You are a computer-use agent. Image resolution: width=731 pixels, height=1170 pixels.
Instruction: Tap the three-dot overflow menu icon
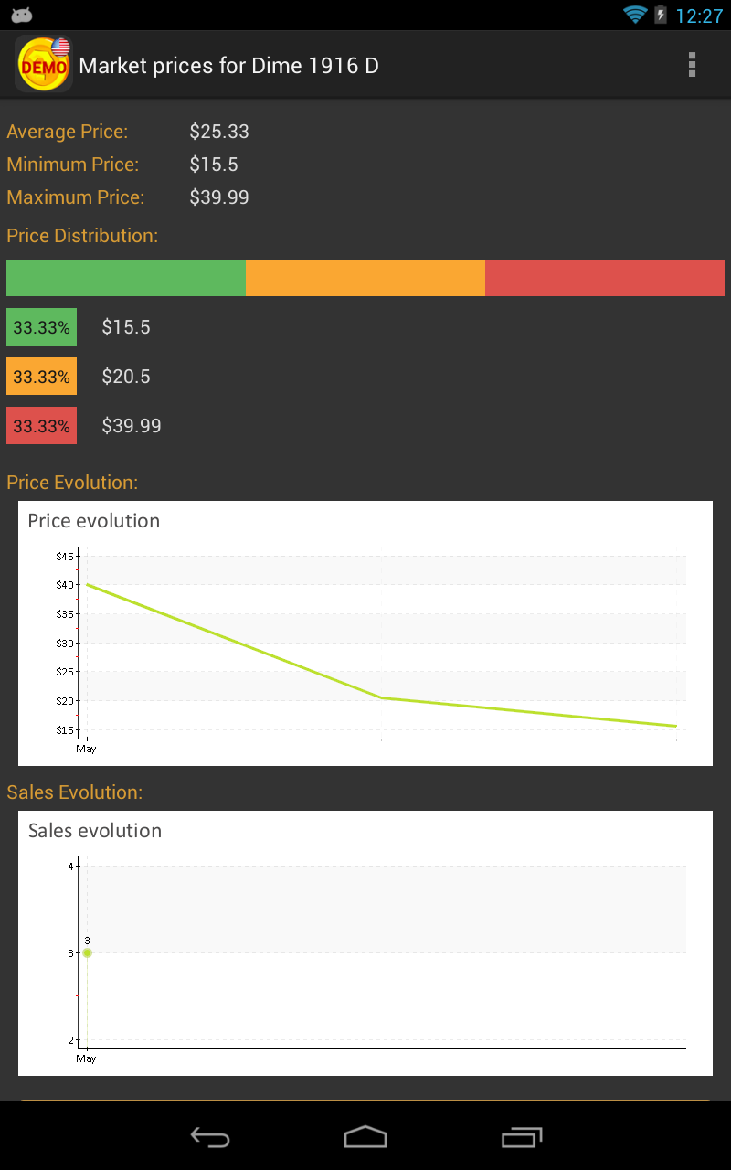(692, 65)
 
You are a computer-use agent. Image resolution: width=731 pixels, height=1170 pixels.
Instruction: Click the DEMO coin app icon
(44, 64)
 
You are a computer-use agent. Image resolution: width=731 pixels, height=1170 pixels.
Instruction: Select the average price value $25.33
(219, 132)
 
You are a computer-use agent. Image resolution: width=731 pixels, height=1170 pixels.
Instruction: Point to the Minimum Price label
(73, 165)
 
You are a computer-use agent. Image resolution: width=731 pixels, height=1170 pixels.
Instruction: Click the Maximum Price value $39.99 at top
(219, 197)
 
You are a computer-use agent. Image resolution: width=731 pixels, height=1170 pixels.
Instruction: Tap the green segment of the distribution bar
(126, 278)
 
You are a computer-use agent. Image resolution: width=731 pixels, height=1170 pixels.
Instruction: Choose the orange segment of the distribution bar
(365, 278)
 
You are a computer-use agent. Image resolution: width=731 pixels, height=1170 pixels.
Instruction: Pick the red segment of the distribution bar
(605, 278)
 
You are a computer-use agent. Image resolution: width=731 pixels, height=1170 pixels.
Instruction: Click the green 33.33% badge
(41, 327)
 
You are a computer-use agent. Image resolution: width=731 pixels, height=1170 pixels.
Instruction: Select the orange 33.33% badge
(41, 377)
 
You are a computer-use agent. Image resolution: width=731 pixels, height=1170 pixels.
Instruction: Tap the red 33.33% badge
(41, 426)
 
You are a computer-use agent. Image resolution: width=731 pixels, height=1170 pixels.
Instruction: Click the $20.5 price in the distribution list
(126, 377)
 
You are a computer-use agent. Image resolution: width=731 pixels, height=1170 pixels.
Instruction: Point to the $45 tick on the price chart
(66, 556)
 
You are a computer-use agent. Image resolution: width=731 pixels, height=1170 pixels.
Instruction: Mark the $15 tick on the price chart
(66, 729)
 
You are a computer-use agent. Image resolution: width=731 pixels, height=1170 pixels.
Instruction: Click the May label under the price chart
(86, 750)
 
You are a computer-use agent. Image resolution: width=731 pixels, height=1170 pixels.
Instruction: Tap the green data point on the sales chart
(87, 952)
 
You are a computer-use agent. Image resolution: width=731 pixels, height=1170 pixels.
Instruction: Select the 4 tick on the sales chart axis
(71, 866)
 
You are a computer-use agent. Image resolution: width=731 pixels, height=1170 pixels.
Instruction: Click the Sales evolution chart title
(95, 831)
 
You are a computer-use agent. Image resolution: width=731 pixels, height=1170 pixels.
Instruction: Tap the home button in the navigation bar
(365, 1137)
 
